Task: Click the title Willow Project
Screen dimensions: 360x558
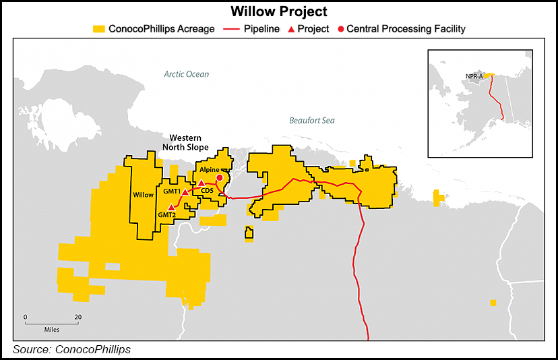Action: point(278,11)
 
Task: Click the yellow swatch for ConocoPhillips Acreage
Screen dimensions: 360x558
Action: point(99,29)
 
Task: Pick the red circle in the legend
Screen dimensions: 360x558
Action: point(340,29)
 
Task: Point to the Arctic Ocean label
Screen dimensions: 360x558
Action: point(186,74)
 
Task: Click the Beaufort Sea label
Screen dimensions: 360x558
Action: point(311,121)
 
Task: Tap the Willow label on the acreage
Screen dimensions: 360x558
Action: point(143,195)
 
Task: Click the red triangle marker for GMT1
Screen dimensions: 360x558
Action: point(185,192)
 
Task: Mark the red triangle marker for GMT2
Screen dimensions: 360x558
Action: point(171,207)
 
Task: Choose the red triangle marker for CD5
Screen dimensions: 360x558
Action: point(201,183)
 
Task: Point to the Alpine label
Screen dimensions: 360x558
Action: point(210,171)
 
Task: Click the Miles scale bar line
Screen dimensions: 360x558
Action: point(51,323)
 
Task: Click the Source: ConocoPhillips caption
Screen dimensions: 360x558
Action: point(71,349)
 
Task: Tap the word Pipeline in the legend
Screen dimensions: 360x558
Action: point(261,29)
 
